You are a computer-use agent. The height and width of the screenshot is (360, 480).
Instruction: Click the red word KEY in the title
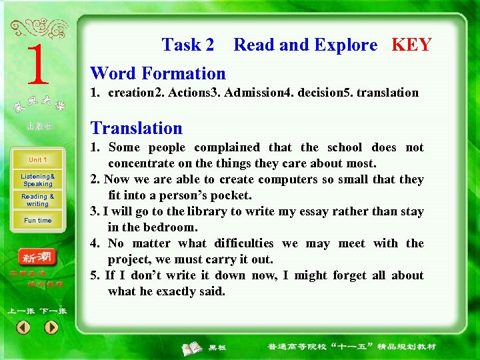click(x=411, y=45)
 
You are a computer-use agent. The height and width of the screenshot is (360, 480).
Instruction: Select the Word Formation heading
click(x=158, y=73)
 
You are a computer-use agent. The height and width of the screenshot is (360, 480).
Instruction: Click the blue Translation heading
click(x=136, y=128)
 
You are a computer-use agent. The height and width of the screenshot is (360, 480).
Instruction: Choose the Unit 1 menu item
click(x=37, y=160)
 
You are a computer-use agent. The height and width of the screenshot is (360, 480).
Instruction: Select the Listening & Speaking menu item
click(x=38, y=180)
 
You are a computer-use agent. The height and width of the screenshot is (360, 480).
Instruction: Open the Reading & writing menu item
click(x=38, y=200)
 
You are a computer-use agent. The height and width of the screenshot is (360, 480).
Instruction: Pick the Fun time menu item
click(x=38, y=221)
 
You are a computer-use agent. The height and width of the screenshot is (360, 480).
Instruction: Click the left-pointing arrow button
click(x=23, y=328)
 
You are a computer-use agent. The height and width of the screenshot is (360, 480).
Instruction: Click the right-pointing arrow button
click(x=51, y=328)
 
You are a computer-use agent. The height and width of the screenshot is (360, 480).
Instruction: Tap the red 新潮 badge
click(x=37, y=257)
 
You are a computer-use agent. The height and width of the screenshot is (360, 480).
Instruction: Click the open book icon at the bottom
click(x=193, y=347)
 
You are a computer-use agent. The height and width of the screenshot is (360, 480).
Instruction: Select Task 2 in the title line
click(x=188, y=45)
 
